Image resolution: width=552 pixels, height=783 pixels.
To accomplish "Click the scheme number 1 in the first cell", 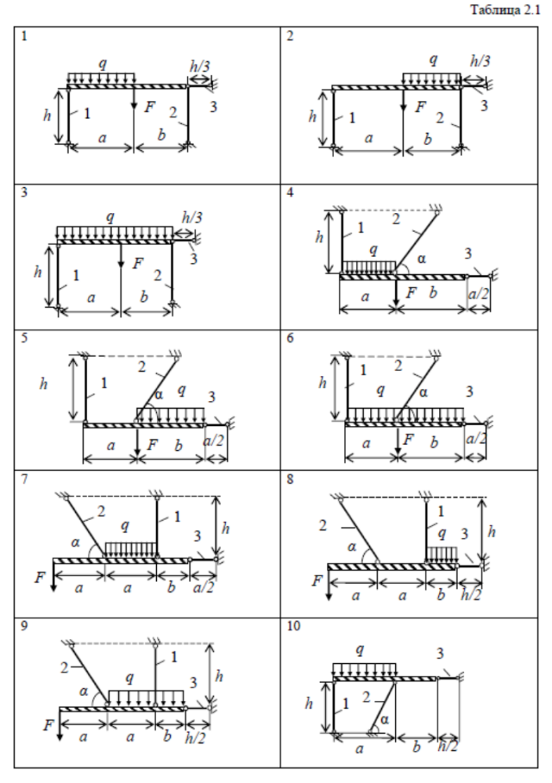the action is pyautogui.click(x=25, y=36).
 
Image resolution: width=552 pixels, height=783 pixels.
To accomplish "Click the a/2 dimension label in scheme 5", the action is pyautogui.click(x=214, y=446).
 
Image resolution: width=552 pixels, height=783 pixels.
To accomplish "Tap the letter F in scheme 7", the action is pyautogui.click(x=39, y=578).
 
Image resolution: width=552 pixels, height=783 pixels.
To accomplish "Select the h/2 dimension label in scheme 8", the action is pyautogui.click(x=469, y=595).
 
